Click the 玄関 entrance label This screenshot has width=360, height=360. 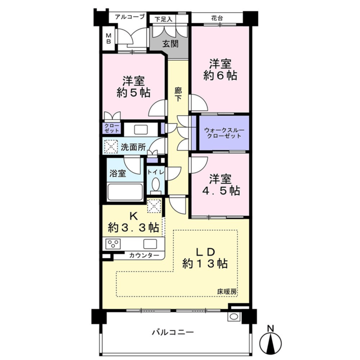pyautogui.click(x=170, y=44)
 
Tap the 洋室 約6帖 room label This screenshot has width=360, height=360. pyautogui.click(x=220, y=69)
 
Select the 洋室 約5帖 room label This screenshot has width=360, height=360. pyautogui.click(x=133, y=87)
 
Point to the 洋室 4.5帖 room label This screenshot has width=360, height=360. pyautogui.click(x=221, y=185)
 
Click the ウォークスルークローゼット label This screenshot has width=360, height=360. pyautogui.click(x=224, y=133)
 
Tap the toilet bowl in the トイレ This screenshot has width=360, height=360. pyautogui.click(x=156, y=184)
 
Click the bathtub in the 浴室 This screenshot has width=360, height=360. pyautogui.click(x=125, y=192)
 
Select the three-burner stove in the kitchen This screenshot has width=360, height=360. pyautogui.click(x=112, y=244)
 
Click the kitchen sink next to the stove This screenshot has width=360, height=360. pyautogui.click(x=150, y=244)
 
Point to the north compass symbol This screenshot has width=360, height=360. pyautogui.click(x=271, y=340)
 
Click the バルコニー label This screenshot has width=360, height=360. pyautogui.click(x=173, y=332)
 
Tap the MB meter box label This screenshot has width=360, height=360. pyautogui.click(x=108, y=39)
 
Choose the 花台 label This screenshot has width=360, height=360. pyautogui.click(x=217, y=18)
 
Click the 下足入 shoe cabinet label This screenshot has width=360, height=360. pyautogui.click(x=163, y=19)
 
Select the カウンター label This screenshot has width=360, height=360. pyautogui.click(x=144, y=255)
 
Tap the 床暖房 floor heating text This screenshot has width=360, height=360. pyautogui.click(x=227, y=291)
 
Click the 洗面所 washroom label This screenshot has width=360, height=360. pyautogui.click(x=133, y=147)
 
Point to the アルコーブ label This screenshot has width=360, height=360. pyautogui.click(x=130, y=17)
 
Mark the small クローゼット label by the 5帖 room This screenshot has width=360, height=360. pyautogui.click(x=112, y=128)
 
